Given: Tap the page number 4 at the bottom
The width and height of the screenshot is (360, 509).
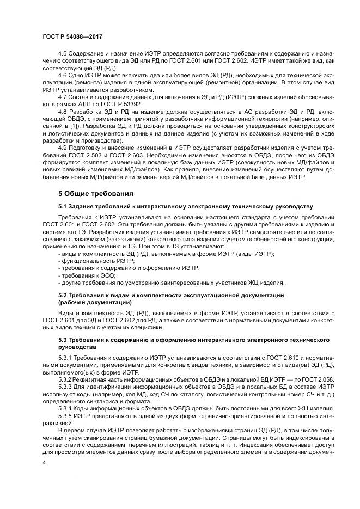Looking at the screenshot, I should [x=45, y=462].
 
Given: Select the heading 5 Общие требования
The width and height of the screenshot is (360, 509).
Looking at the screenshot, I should [x=95, y=193].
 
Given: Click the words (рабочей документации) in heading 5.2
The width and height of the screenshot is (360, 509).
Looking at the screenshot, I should [x=94, y=302].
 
